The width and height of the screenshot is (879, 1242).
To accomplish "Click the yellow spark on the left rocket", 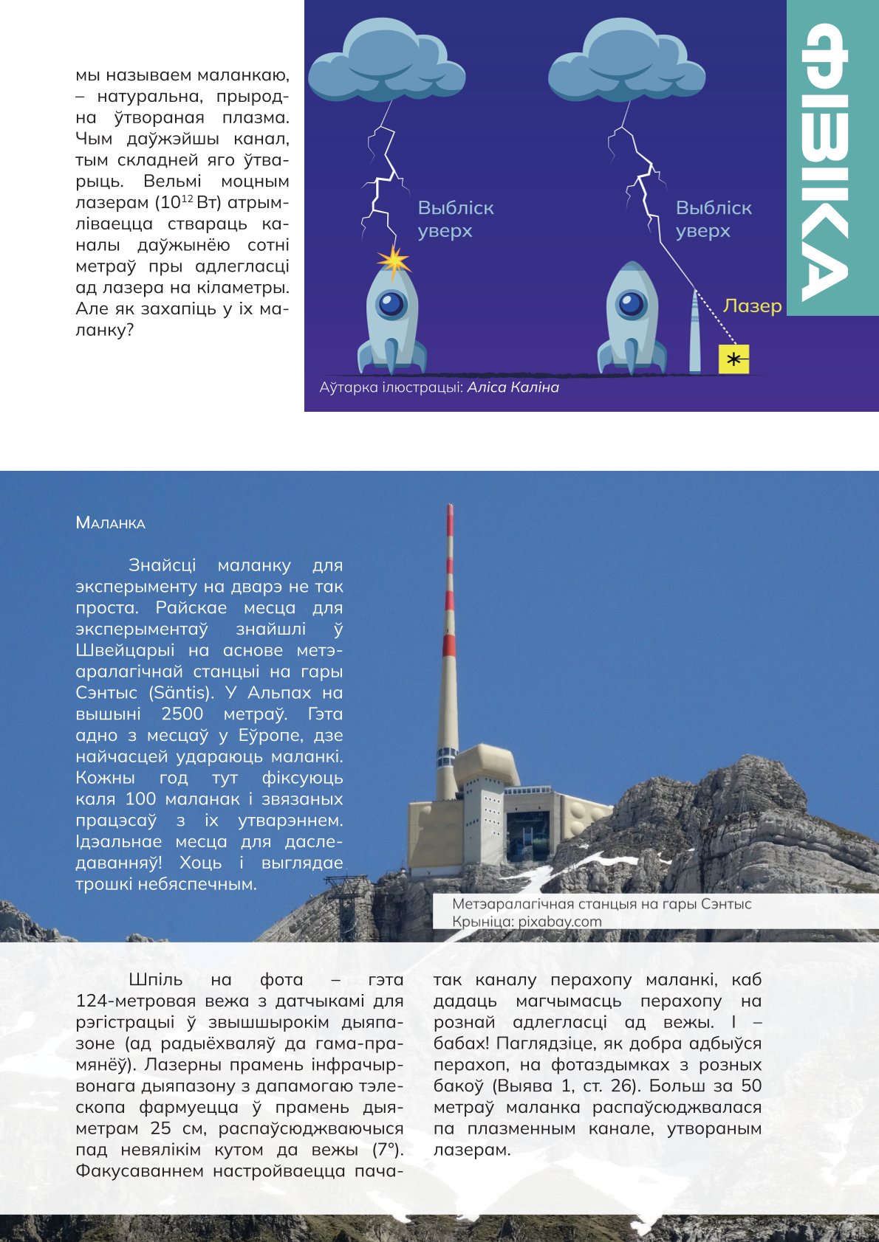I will [394, 261].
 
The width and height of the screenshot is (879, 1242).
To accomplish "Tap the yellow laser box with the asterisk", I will [733, 359].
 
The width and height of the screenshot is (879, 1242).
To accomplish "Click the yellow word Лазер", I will [752, 306].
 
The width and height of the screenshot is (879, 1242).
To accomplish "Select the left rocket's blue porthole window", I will [391, 303].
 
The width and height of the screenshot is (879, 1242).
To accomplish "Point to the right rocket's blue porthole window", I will [632, 303].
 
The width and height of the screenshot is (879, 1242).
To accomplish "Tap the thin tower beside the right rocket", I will [694, 332].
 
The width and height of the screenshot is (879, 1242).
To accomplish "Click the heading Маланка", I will [110, 523].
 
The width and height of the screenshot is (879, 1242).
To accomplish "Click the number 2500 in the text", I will [182, 714].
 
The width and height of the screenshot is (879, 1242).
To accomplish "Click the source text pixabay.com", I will [559, 921].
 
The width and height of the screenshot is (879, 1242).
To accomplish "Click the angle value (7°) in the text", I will [388, 1150].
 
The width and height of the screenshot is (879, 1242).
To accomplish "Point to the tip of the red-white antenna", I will [450, 506].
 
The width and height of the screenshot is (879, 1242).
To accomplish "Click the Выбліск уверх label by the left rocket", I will [455, 219].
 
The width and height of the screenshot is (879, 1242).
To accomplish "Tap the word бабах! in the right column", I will [462, 1043].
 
